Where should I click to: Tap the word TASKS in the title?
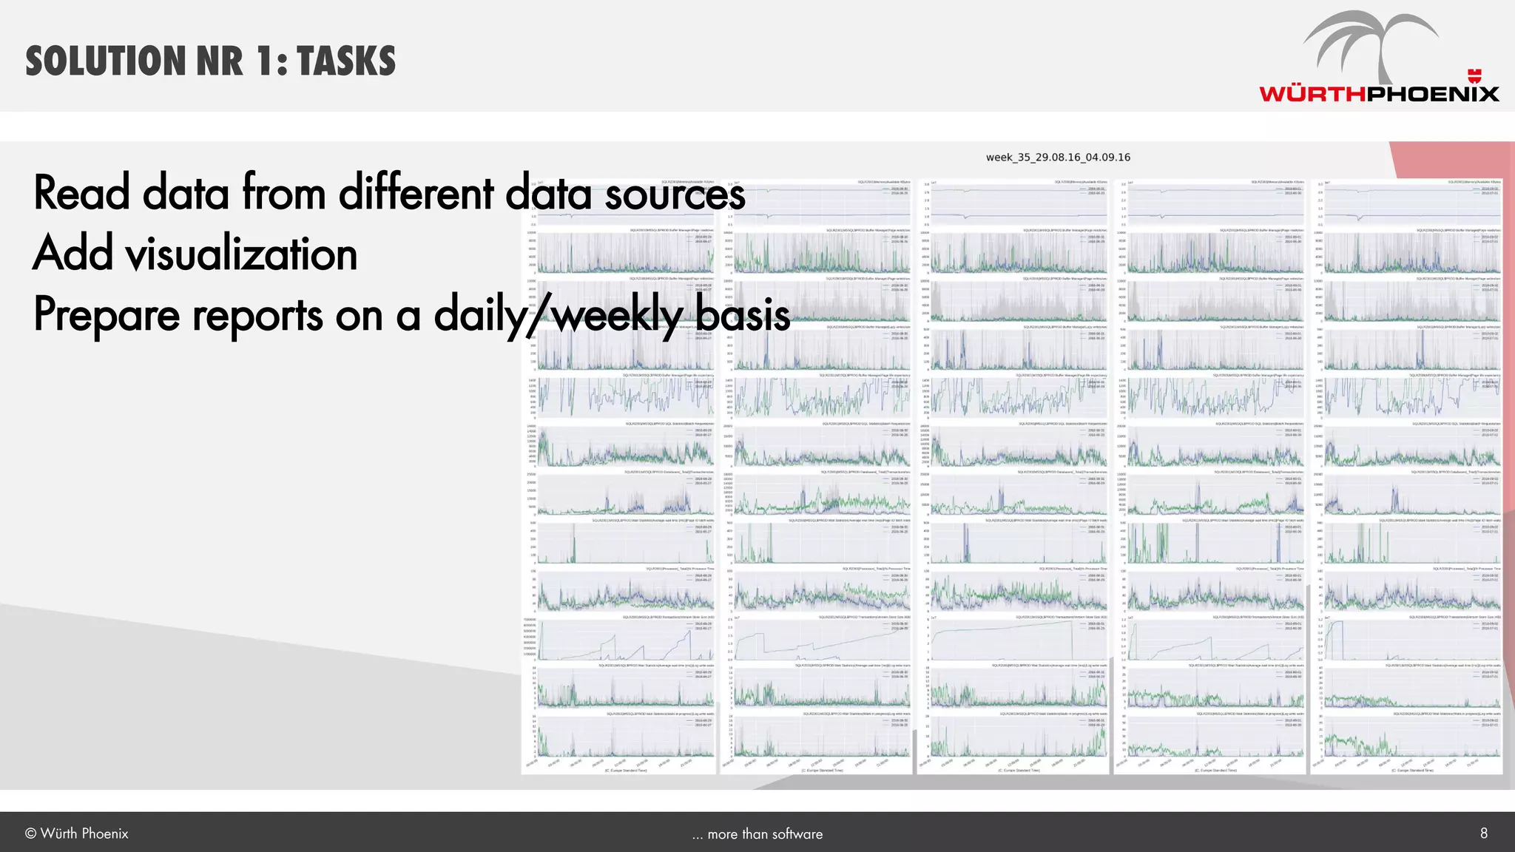tap(346, 61)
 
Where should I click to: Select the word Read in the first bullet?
tap(81, 193)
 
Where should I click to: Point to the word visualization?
tap(241, 254)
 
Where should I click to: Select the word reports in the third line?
tap(258, 316)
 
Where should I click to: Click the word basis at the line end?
tap(743, 314)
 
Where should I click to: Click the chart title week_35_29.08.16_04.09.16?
tap(1058, 158)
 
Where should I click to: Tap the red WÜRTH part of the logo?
tap(1312, 94)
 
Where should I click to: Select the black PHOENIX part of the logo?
tap(1432, 94)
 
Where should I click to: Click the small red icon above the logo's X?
tap(1475, 75)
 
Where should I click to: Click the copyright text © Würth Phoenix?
tap(77, 834)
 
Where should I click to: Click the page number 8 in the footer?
tap(1483, 834)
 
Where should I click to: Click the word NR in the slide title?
tap(220, 61)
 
